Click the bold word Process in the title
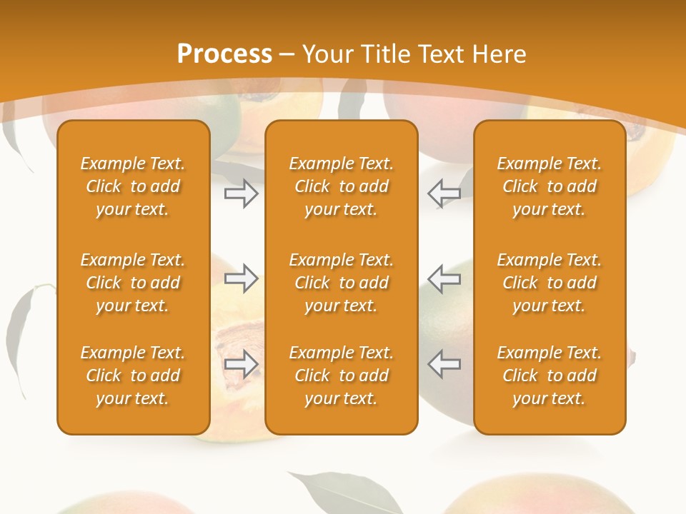tap(224, 54)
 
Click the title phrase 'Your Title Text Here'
tap(414, 54)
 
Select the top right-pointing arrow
tap(241, 193)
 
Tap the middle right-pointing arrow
tap(241, 278)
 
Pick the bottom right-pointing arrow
tap(241, 364)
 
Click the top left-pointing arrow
tap(444, 193)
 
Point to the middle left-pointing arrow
tap(444, 278)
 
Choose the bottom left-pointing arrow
tap(444, 364)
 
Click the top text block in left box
tap(133, 186)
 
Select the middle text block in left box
tap(133, 283)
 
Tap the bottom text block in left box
tap(133, 376)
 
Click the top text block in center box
tap(341, 186)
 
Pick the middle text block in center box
tap(341, 283)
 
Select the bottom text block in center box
tap(341, 376)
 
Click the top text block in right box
tap(549, 186)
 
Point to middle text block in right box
tap(549, 283)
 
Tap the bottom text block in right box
tap(549, 376)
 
